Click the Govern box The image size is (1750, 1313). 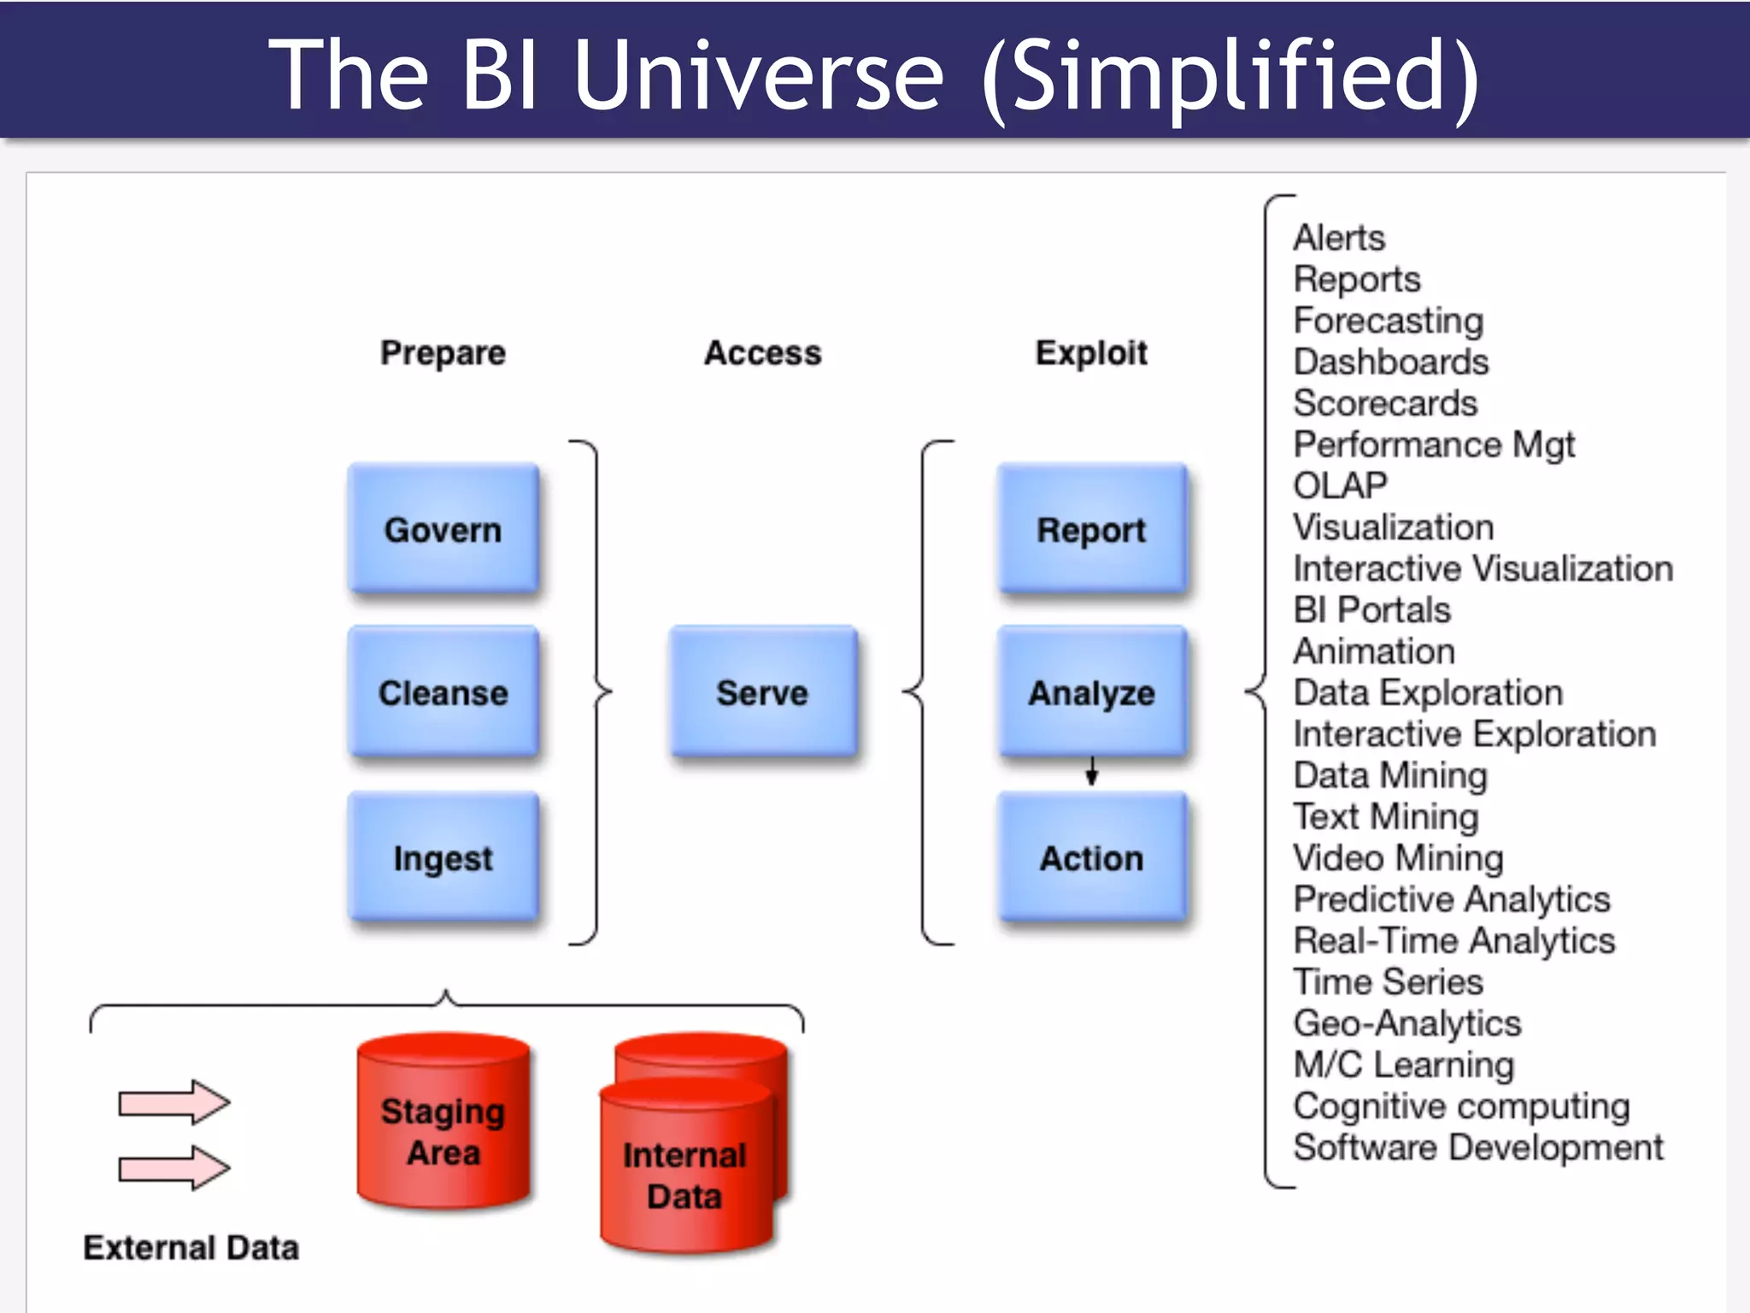tap(443, 529)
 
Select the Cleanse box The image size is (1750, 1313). tap(443, 692)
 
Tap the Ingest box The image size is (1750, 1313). tap(443, 857)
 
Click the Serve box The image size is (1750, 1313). tap(762, 692)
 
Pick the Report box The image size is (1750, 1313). tap(1091, 529)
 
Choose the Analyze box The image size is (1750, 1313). tap(1091, 692)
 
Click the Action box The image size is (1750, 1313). tap(1091, 857)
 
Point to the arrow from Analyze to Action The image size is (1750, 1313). tap(1091, 773)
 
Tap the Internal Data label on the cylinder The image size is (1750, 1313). tap(684, 1175)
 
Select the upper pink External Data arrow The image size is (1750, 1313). tap(173, 1103)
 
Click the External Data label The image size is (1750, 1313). tap(191, 1248)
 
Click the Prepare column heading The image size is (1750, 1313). tap(443, 353)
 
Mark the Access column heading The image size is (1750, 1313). tap(762, 353)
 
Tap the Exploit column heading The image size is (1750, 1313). tap(1091, 353)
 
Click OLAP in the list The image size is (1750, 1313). tap(1340, 486)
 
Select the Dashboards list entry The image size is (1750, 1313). tap(1390, 362)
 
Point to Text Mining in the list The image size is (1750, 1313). tap(1385, 816)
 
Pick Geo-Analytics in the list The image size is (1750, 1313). tap(1406, 1023)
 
